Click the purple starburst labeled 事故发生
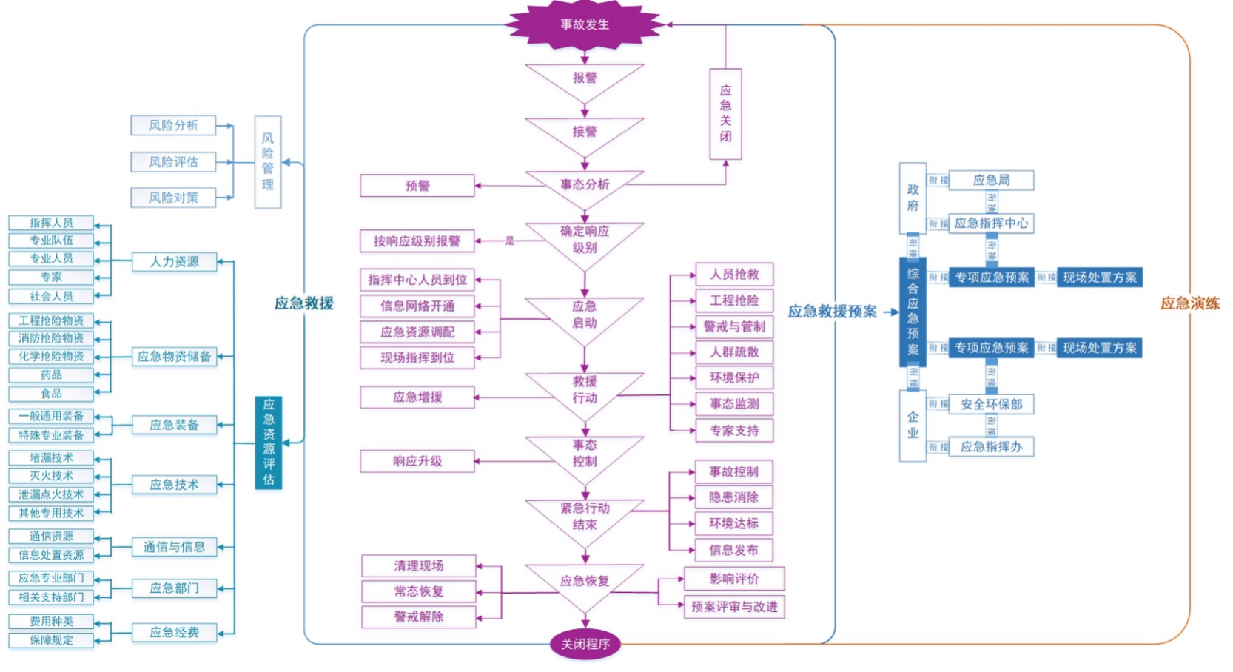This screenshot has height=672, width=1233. click(585, 24)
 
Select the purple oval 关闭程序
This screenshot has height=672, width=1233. click(585, 644)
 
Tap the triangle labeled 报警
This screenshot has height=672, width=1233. click(585, 78)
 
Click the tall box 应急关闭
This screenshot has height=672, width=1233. click(725, 114)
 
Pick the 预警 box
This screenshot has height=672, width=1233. click(417, 186)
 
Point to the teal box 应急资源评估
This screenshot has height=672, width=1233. click(269, 443)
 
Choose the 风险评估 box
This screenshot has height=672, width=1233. click(173, 162)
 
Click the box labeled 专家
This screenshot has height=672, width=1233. click(51, 278)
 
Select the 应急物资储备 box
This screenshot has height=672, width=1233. click(174, 357)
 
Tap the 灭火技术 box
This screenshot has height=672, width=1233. click(51, 476)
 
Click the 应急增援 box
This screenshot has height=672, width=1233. click(417, 397)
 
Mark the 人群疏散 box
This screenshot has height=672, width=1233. click(734, 352)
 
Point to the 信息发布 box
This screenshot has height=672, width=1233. click(733, 550)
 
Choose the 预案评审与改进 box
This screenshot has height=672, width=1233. click(734, 607)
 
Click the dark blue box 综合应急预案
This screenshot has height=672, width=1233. click(913, 312)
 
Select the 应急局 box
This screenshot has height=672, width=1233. click(991, 181)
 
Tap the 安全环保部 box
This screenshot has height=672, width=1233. click(991, 404)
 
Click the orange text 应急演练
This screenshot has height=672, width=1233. click(1189, 303)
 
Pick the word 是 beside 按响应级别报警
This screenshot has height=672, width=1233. click(509, 241)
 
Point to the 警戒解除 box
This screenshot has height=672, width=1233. click(419, 617)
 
